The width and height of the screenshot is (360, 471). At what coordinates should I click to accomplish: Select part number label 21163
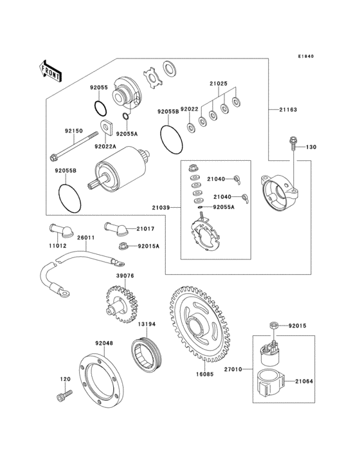coord(288,110)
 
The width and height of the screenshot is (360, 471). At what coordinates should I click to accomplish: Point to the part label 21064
coord(304,381)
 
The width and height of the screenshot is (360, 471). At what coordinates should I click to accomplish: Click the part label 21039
coord(161,207)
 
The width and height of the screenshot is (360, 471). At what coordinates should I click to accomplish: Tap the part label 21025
coord(217,83)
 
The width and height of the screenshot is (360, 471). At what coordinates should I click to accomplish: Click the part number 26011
coord(86,237)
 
